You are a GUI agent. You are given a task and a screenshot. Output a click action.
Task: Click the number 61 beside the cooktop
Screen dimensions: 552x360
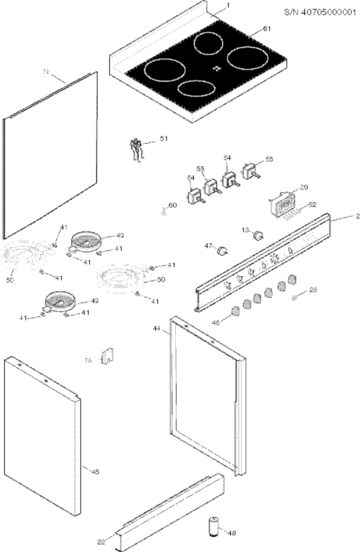click(x=266, y=29)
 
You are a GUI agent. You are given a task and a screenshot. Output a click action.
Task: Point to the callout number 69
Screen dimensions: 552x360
click(x=45, y=72)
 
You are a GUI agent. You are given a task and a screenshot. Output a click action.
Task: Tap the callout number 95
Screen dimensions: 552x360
click(x=269, y=160)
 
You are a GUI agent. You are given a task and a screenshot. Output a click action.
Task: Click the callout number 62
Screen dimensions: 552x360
click(x=312, y=205)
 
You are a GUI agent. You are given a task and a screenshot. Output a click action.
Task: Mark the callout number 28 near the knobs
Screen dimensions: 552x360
click(x=313, y=290)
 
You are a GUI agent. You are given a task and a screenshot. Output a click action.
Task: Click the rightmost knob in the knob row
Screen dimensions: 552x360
click(x=292, y=279)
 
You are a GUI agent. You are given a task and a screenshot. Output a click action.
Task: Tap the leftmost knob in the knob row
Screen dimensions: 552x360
click(x=235, y=311)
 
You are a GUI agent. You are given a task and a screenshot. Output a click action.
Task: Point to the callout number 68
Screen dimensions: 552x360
click(x=87, y=360)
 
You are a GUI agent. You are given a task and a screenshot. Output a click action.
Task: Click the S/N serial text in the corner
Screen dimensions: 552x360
click(x=320, y=12)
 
